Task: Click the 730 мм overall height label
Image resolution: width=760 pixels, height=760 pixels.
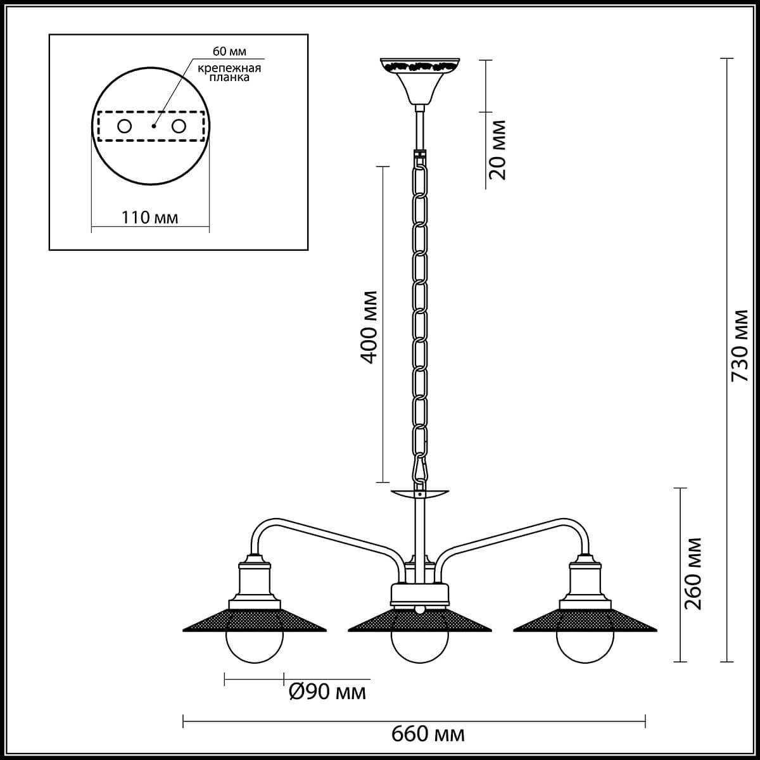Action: click(739, 346)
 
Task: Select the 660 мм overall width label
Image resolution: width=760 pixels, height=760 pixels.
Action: click(428, 734)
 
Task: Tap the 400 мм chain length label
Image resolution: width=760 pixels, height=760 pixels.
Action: click(369, 327)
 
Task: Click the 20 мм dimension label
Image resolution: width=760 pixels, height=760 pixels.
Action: click(497, 150)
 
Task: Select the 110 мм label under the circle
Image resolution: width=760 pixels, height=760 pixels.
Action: click(149, 217)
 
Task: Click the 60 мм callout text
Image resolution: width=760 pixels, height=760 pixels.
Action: click(229, 52)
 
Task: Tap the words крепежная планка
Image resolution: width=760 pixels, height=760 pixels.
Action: click(229, 73)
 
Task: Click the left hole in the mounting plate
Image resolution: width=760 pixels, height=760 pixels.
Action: click(124, 127)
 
